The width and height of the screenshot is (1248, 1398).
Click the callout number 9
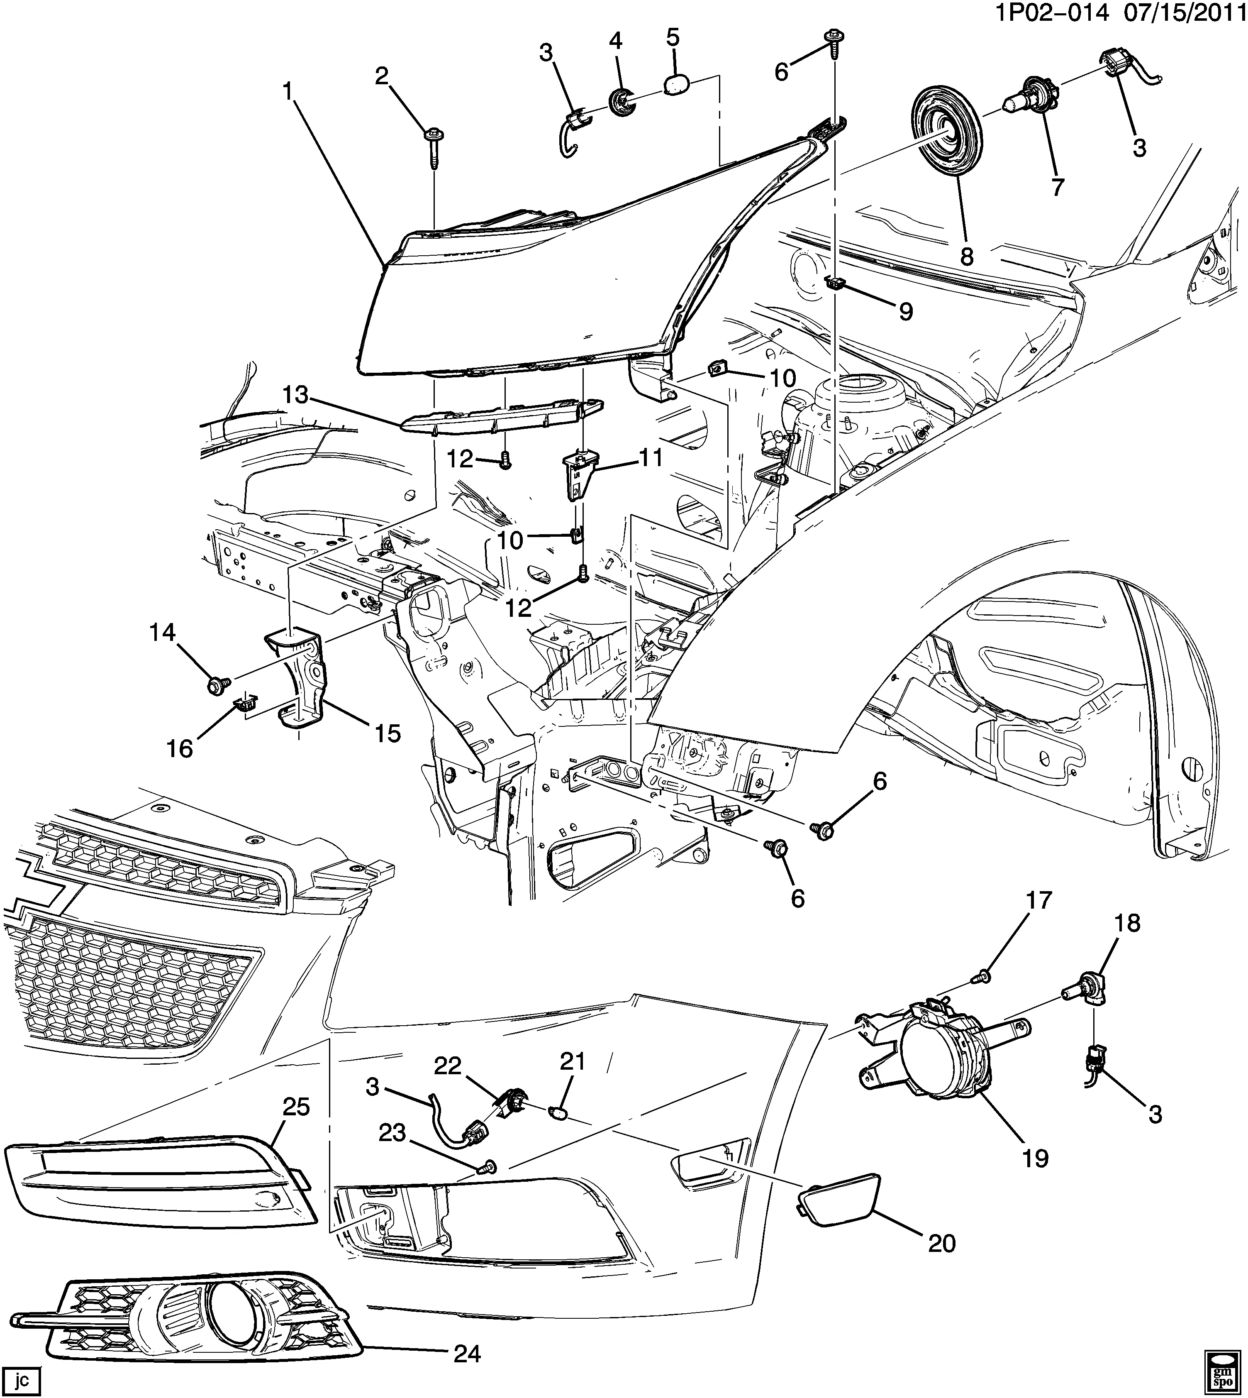[906, 312]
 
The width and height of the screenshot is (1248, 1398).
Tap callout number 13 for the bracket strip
[296, 396]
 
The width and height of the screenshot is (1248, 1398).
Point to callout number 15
[388, 733]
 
